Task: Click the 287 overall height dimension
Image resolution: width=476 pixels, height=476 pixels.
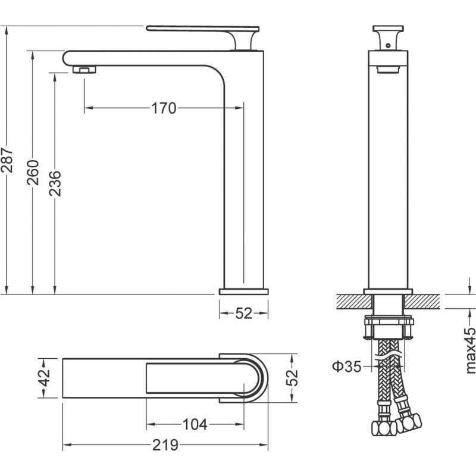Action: (7, 160)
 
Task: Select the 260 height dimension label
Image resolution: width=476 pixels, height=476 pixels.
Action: (33, 173)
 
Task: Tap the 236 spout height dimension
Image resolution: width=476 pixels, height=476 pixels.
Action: (55, 183)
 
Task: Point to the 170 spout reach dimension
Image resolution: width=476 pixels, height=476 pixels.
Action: (164, 108)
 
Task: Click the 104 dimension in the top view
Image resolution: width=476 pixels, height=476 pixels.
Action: (195, 424)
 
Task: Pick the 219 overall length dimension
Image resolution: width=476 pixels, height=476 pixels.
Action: (165, 445)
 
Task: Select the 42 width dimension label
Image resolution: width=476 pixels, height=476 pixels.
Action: (45, 378)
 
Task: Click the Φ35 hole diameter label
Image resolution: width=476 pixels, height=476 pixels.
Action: (347, 367)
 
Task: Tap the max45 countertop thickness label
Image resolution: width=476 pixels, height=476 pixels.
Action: (470, 350)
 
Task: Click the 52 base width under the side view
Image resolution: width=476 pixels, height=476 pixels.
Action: (244, 314)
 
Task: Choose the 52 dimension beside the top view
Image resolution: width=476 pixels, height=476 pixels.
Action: (292, 377)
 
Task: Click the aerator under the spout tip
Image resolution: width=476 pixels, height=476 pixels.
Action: (84, 70)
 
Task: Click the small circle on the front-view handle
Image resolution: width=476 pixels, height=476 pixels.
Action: (388, 46)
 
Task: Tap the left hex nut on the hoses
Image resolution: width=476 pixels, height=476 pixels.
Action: (383, 428)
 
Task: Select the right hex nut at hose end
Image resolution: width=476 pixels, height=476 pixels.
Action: (409, 422)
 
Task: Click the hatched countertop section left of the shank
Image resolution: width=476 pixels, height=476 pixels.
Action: (354, 302)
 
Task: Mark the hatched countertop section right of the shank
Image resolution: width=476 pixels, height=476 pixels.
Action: (422, 302)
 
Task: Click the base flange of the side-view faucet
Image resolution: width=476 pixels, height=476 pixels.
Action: (244, 292)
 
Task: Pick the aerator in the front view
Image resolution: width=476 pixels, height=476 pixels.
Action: (388, 70)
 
